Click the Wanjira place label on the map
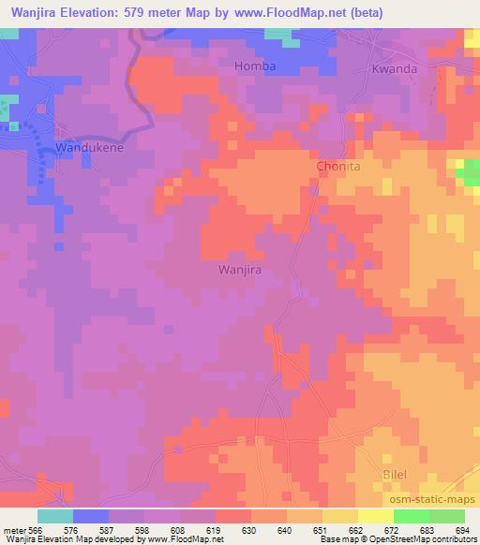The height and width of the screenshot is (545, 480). pyautogui.click(x=239, y=270)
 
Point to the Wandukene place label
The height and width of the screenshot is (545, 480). pyautogui.click(x=90, y=148)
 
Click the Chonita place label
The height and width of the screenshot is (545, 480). pyautogui.click(x=338, y=166)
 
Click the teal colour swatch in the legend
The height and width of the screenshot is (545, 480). pyautogui.click(x=54, y=515)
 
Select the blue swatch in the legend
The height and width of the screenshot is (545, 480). pyautogui.click(x=90, y=515)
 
